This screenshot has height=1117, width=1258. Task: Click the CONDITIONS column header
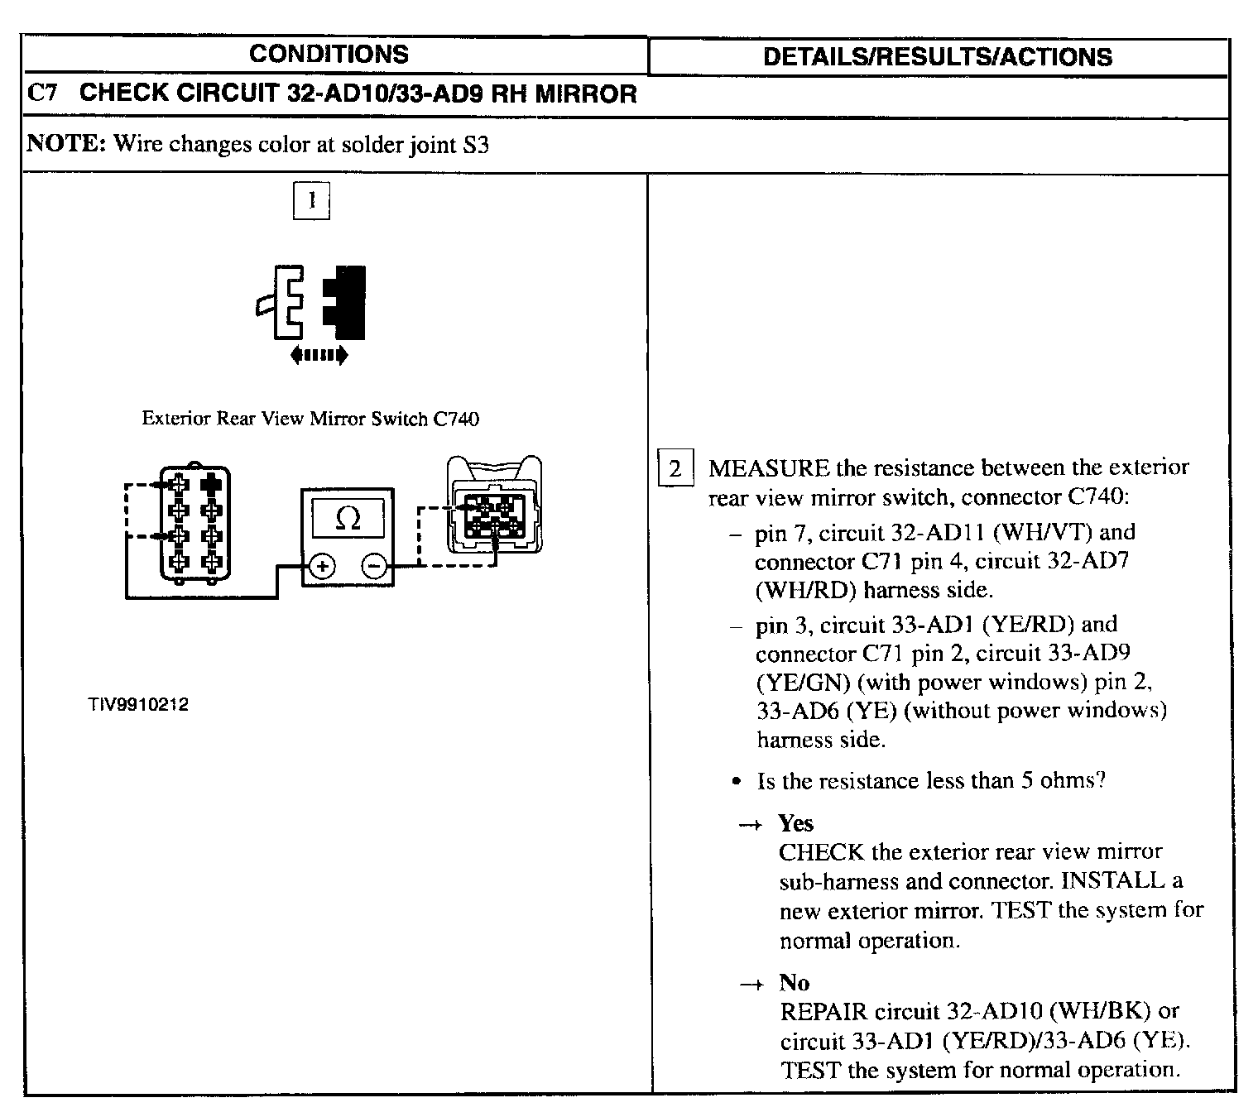(329, 55)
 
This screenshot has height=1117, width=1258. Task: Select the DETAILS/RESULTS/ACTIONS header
(937, 56)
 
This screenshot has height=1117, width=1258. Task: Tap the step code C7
(42, 93)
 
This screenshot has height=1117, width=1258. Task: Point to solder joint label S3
(476, 145)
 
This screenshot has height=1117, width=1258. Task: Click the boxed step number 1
(311, 201)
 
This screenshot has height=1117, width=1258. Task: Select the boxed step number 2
(675, 470)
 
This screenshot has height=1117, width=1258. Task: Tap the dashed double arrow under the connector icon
(319, 356)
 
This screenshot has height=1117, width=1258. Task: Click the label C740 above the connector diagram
(456, 419)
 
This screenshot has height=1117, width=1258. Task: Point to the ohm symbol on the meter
(348, 519)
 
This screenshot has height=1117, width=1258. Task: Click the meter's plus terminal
(322, 567)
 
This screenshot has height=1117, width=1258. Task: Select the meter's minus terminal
(373, 567)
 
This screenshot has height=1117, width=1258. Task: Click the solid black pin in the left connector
(212, 484)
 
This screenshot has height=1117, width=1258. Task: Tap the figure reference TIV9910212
(139, 705)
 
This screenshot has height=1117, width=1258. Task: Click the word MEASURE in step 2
(768, 468)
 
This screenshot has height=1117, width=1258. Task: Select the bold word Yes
(795, 823)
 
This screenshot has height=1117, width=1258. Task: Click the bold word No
(794, 982)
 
